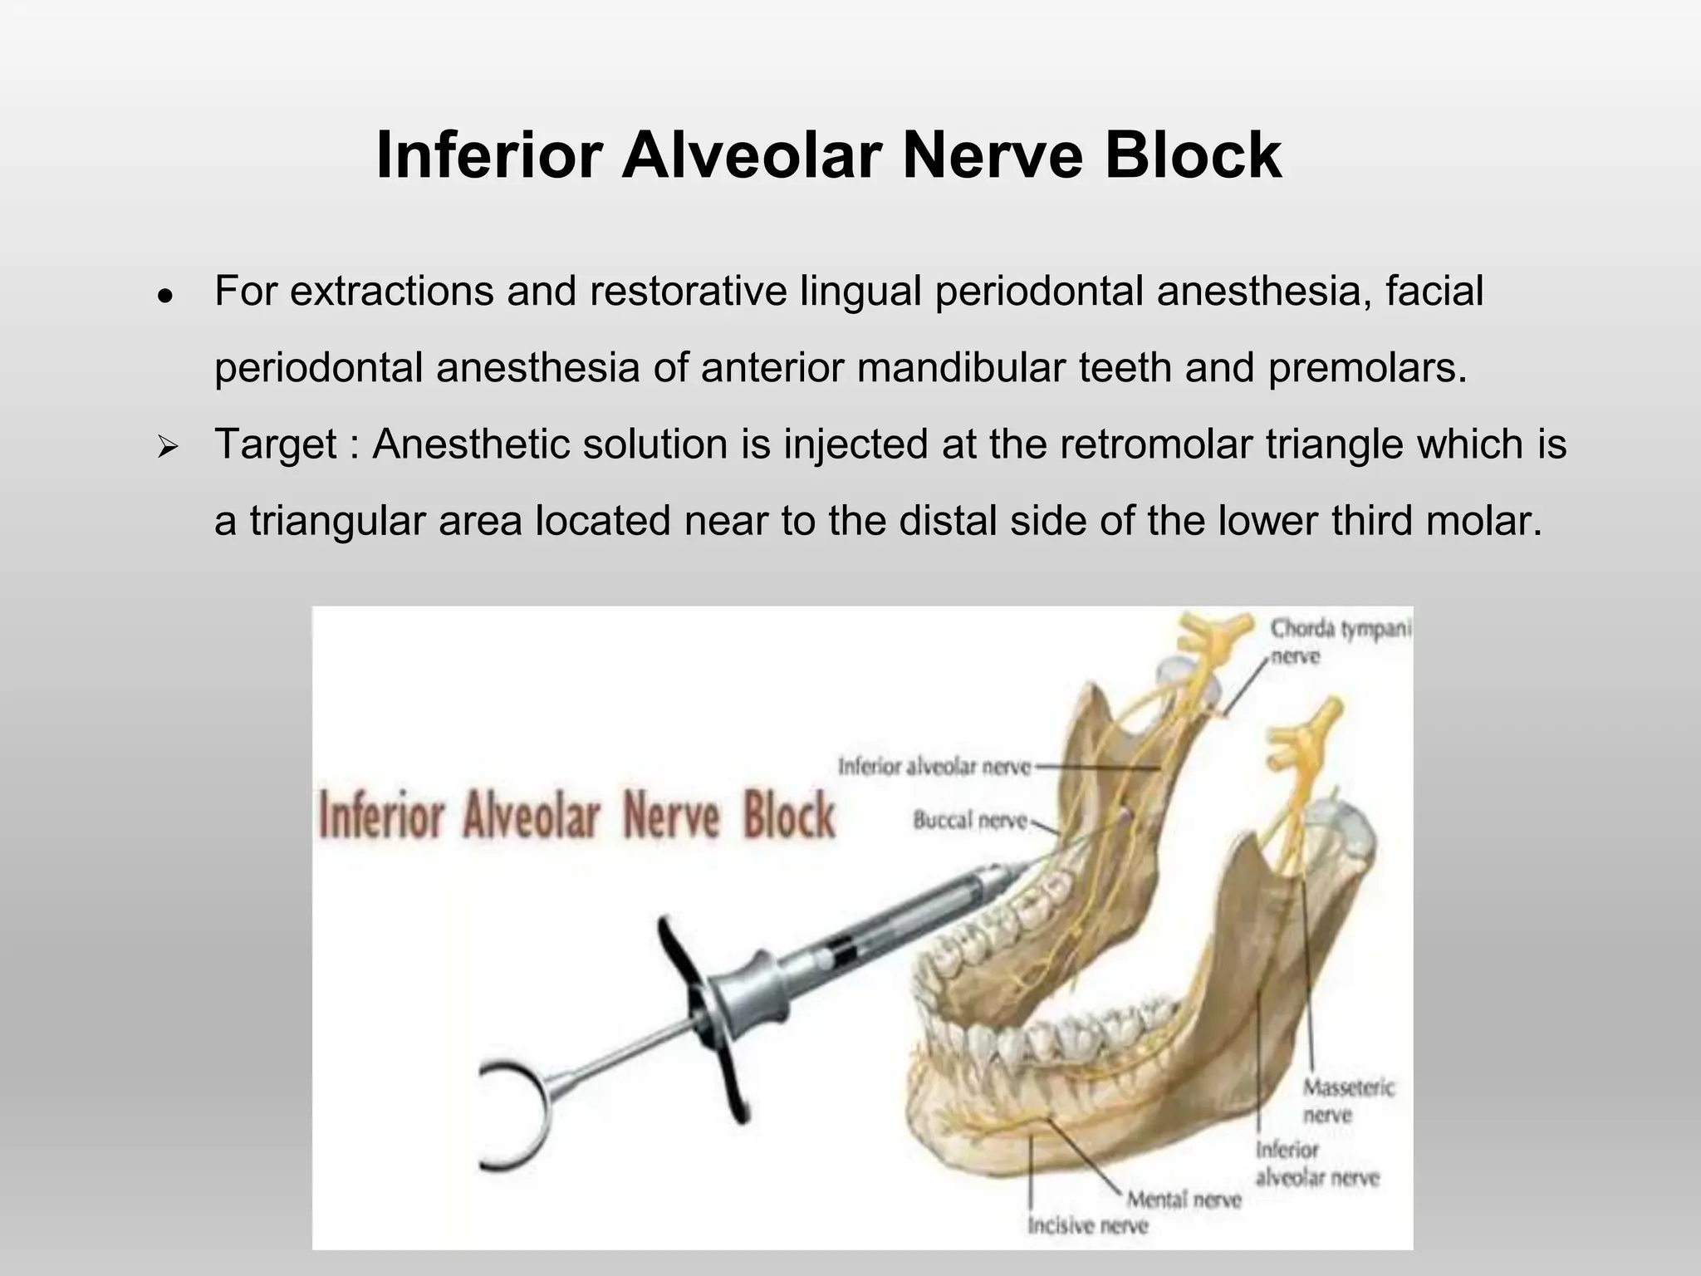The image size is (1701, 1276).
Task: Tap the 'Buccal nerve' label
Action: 969,821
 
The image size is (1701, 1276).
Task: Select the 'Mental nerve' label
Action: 1184,1199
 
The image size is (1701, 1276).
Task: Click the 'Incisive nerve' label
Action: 1087,1225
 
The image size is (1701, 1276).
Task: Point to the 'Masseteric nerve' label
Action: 1348,1100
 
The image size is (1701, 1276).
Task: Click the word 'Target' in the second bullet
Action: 275,444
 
